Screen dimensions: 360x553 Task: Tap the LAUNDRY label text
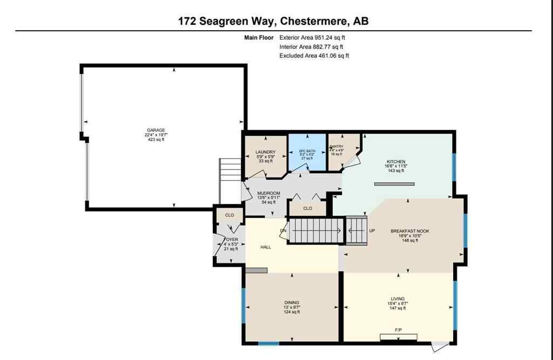point(265,152)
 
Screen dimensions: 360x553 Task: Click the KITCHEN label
point(395,162)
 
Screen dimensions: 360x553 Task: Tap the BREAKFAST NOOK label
point(409,231)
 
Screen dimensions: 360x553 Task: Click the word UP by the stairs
point(372,230)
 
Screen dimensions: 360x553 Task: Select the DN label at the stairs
point(282,231)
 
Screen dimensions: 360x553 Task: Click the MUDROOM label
point(268,193)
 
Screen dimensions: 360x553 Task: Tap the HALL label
point(265,247)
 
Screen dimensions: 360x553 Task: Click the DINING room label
point(292,303)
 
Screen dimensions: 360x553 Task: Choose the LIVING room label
point(397,298)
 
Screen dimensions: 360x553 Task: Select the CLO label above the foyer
point(230,215)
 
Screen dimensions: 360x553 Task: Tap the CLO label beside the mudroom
point(307,208)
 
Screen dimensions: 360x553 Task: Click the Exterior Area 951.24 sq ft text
point(312,38)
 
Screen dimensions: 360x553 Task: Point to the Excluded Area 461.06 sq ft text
point(314,56)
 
